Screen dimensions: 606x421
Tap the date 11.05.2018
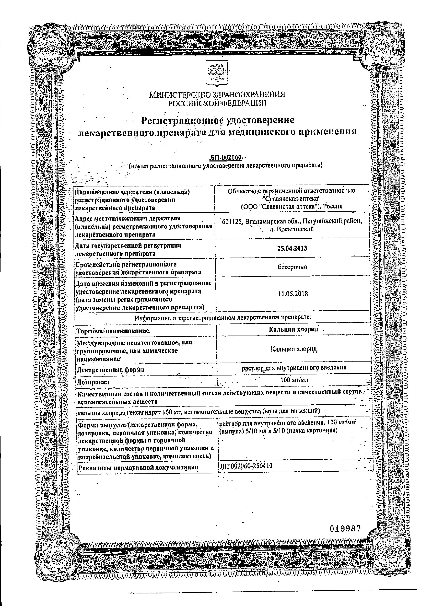click(293, 294)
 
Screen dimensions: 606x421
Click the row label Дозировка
click(93, 382)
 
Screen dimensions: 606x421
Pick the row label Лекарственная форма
click(110, 370)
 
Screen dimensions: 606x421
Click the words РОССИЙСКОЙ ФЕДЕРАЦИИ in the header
click(217, 103)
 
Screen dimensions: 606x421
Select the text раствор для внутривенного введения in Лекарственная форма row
click(294, 368)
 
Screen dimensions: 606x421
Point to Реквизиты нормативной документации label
click(139, 467)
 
